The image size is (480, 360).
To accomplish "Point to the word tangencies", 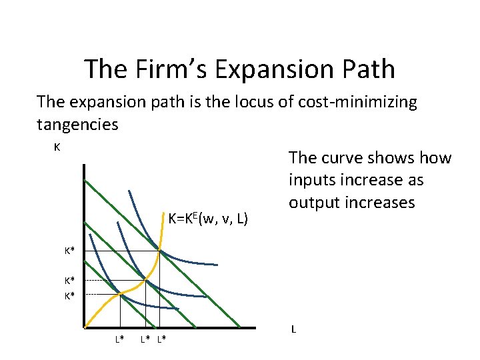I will click(77, 124).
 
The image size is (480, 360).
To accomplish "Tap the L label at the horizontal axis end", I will click(293, 329).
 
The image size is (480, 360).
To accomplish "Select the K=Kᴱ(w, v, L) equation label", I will click(209, 217).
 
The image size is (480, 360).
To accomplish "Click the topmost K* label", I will click(69, 251).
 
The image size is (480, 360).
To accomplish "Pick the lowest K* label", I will click(69, 295).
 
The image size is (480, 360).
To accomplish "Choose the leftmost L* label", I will click(119, 340).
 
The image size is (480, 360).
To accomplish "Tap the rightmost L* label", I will click(162, 340).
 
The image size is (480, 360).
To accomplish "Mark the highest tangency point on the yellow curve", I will click(160, 251).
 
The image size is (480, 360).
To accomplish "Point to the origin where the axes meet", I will click(85, 327).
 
